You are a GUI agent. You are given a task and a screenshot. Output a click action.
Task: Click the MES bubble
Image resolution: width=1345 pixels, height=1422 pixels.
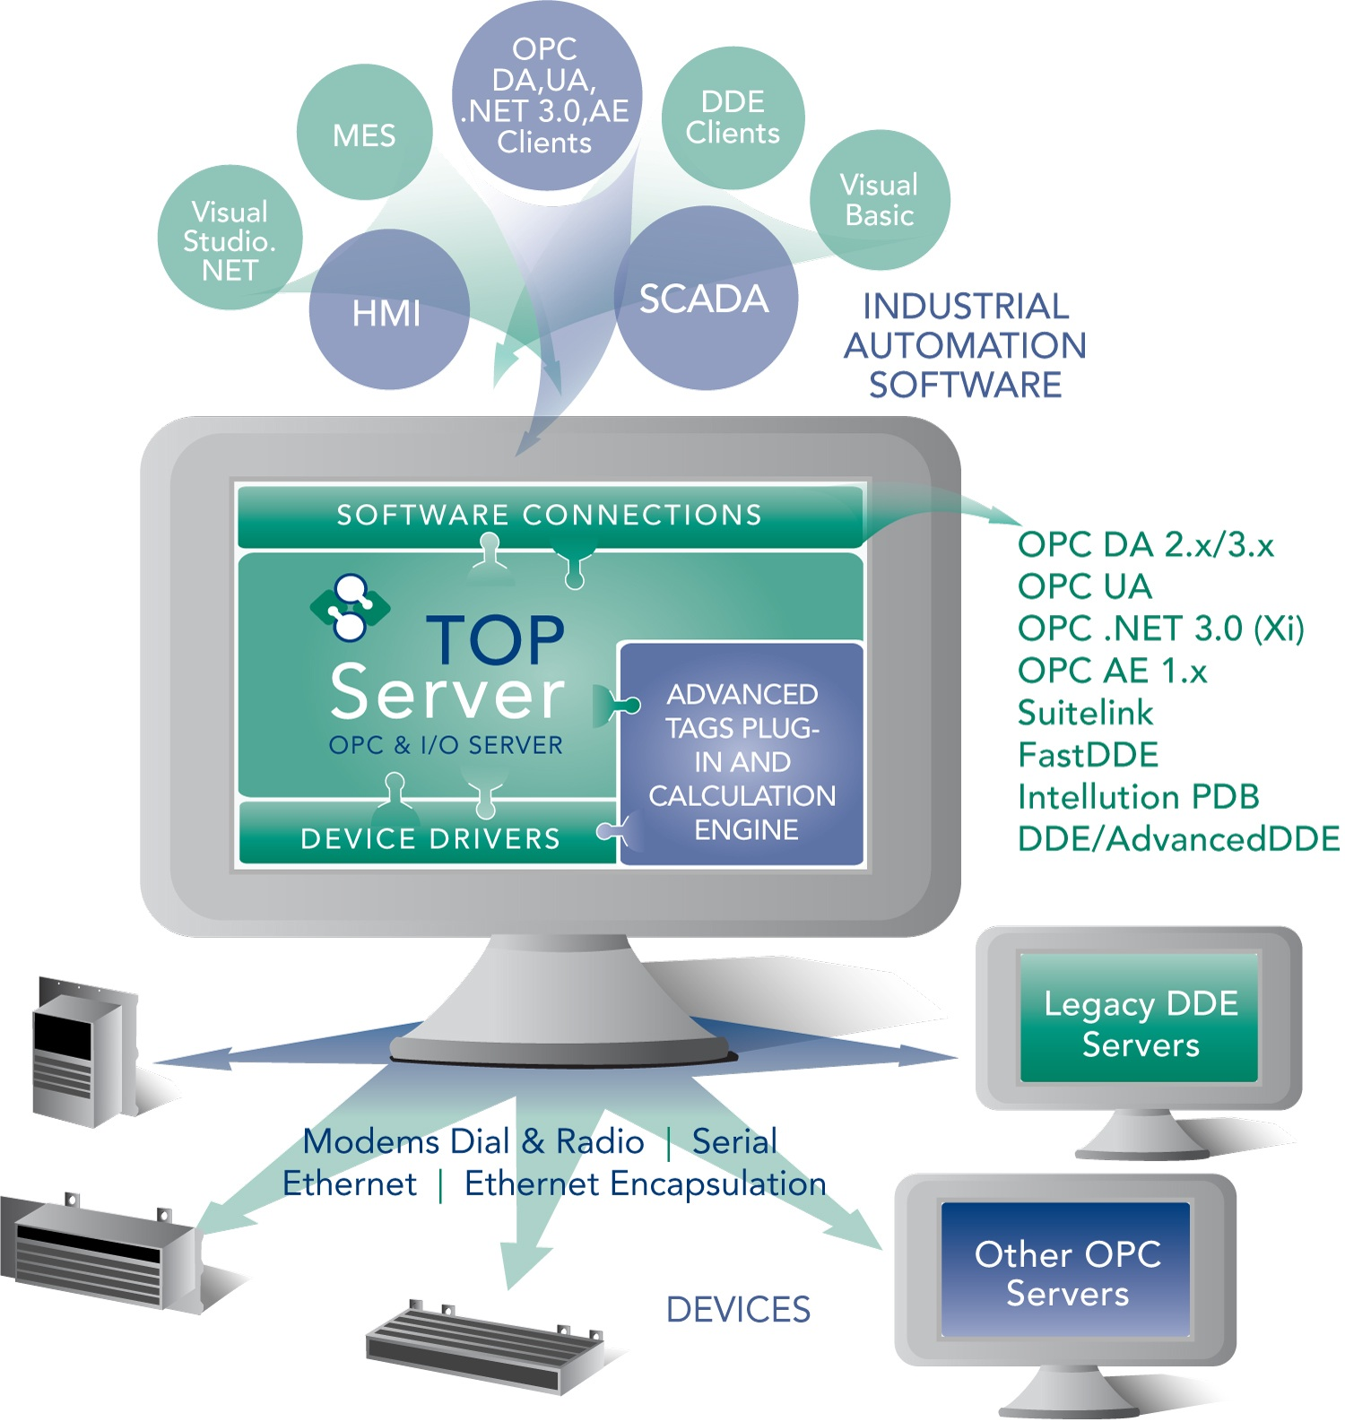click(364, 134)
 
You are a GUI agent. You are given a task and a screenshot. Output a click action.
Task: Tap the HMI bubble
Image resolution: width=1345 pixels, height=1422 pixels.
click(387, 312)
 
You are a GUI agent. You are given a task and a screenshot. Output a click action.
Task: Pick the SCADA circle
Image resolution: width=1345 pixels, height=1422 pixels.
click(705, 299)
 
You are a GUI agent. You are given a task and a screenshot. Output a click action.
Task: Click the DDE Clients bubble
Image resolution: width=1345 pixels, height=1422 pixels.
click(733, 117)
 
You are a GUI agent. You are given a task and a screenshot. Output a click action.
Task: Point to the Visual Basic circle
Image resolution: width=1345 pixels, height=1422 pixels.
click(880, 200)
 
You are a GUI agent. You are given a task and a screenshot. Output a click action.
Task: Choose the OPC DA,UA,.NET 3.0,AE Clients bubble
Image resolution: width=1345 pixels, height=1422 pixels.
click(545, 95)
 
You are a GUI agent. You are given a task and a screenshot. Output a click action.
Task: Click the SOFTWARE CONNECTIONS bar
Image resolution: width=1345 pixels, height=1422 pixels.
click(549, 515)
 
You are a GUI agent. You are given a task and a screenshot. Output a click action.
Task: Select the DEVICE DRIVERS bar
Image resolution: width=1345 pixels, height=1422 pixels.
click(430, 837)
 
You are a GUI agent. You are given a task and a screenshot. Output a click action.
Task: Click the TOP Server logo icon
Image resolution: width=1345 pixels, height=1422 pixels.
click(349, 608)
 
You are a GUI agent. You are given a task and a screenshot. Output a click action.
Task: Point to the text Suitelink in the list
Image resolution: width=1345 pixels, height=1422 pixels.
click(1085, 713)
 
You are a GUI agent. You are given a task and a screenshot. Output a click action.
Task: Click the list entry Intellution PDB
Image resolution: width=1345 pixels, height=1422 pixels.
click(1138, 797)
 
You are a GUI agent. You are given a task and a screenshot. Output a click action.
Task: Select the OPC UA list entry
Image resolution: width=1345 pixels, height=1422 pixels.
click(1084, 586)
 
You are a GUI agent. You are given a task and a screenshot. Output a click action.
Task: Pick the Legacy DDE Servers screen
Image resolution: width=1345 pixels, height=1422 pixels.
click(1140, 1022)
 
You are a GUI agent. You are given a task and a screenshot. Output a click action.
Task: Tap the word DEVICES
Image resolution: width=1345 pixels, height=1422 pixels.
click(738, 1310)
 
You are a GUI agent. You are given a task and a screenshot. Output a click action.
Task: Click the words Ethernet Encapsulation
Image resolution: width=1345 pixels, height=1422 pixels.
click(645, 1184)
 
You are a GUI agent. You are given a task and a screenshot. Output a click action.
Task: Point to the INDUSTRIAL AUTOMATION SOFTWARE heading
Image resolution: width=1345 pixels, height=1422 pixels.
click(965, 345)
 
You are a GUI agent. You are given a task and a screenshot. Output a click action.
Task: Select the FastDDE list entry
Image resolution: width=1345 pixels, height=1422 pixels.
click(1088, 755)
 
